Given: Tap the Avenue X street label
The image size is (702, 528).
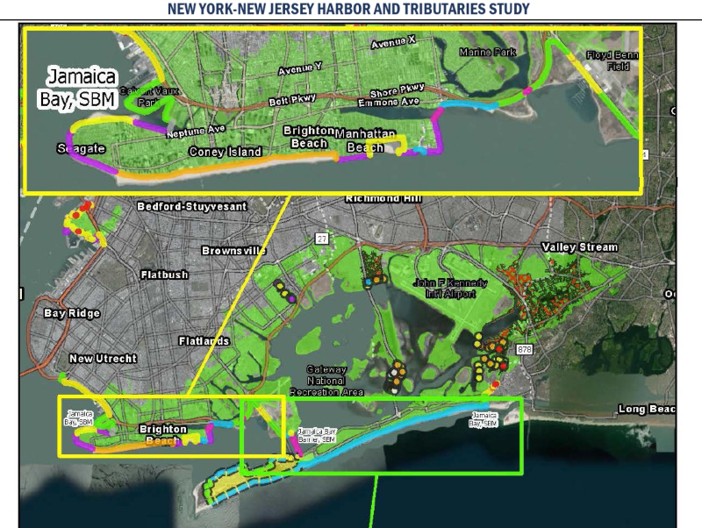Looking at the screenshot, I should pos(394,43).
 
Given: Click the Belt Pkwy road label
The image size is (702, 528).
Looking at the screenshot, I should pos(291,101).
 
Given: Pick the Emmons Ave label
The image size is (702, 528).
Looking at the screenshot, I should pos(389,102).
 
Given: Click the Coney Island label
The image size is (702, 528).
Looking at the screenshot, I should pos(226,152).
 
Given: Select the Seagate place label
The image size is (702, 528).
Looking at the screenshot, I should pos(81,148).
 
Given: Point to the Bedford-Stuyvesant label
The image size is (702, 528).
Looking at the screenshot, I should pos(192,206).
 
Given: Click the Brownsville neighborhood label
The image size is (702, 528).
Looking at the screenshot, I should pos(233,251).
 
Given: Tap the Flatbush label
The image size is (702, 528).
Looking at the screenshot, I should pos(164,275).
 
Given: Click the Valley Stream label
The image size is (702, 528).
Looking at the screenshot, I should pos(579,247).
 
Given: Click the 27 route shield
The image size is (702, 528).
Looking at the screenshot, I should pos(321,239).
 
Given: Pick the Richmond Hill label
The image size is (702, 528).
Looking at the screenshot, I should pos(384,198).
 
